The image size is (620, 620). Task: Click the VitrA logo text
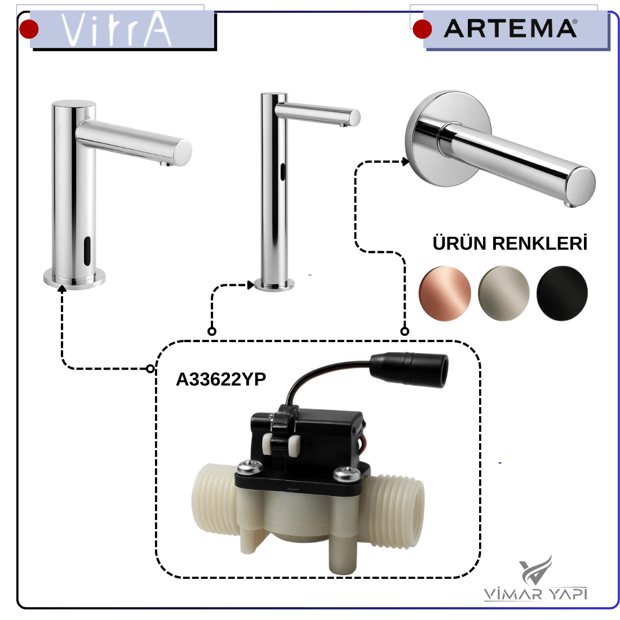(116, 29)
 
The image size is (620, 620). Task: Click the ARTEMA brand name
(510, 29)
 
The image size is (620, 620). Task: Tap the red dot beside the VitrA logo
(29, 29)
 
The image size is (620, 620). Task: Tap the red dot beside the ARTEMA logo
(422, 29)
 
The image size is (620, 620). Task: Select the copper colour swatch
(445, 293)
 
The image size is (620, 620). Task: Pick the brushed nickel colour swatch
(503, 293)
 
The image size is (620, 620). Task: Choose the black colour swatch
(562, 293)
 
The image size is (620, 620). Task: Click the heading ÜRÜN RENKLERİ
(510, 243)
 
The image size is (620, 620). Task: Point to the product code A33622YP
(220, 379)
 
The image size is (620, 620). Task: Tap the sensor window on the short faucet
(87, 251)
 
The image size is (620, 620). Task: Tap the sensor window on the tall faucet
(283, 171)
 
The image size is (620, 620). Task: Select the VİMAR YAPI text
(535, 594)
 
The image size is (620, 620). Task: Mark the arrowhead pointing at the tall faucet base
(250, 285)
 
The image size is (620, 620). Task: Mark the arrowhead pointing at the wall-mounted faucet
(405, 161)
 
